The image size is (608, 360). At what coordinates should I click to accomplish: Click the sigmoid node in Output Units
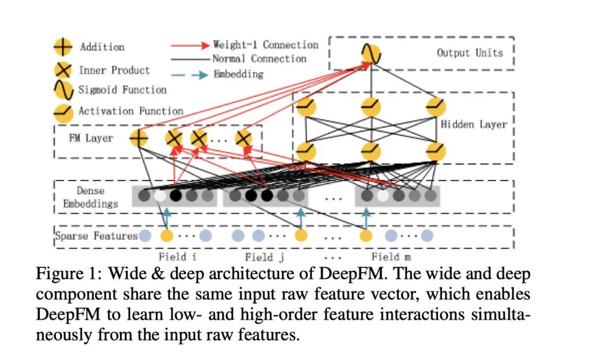pos(371,53)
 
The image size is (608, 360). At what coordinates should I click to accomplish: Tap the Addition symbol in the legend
pos(63,47)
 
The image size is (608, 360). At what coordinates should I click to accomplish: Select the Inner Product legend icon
pos(63,70)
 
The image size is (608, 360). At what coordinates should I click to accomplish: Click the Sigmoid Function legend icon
pos(63,90)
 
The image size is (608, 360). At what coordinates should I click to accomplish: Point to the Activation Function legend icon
pos(63,112)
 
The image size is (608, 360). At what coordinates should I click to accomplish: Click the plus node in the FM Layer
pos(138,138)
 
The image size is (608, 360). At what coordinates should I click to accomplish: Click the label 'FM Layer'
pos(91,138)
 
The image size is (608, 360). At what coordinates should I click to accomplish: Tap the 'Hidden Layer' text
pos(474,124)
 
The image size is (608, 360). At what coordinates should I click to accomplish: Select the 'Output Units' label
pos(470,53)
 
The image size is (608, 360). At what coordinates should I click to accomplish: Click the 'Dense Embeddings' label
pos(90,197)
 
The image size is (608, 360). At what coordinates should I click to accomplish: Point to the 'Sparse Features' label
pos(96,236)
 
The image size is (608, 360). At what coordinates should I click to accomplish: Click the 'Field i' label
pos(177,256)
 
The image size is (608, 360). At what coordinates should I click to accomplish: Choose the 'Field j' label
pos(265,257)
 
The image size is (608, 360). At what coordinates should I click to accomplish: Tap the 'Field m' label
pos(391,256)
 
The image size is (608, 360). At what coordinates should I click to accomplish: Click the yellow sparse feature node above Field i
pos(167,235)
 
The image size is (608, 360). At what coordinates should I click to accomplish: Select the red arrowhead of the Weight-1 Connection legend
pos(205,46)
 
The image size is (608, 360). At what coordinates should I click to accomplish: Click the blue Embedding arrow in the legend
pos(190,74)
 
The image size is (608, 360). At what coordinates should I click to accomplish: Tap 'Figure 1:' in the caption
pos(69,274)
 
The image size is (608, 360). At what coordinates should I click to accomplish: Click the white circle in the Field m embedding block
pos(383,196)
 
